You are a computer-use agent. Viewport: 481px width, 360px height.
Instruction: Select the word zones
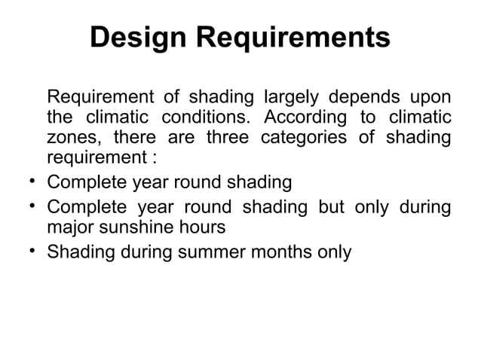click(x=73, y=139)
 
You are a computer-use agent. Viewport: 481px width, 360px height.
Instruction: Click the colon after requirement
click(x=154, y=160)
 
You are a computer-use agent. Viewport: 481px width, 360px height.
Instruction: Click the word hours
click(x=204, y=226)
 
